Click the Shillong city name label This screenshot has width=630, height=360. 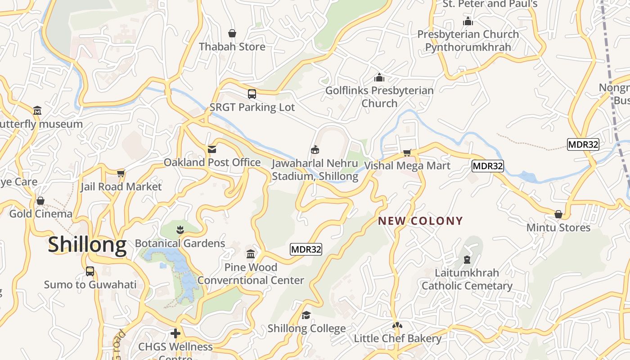coord(87,244)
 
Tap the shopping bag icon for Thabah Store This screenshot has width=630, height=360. coord(232,33)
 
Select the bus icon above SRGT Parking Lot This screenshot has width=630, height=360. coord(252,94)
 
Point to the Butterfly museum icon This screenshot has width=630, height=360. coord(37,110)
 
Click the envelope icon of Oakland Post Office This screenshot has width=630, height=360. coord(211,149)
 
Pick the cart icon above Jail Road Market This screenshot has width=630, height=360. coord(121,173)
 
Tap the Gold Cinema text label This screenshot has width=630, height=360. coord(40,214)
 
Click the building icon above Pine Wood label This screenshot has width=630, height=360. coord(251,254)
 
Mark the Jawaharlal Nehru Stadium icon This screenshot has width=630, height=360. coord(315,150)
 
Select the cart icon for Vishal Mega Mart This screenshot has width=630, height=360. coord(407,153)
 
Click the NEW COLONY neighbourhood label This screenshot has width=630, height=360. coord(420,221)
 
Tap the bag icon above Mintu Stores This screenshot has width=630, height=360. coord(558,214)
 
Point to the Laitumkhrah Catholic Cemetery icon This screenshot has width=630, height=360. coord(467,260)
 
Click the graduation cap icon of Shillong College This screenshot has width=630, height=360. coord(306,315)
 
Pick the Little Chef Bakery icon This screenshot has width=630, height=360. coord(397,325)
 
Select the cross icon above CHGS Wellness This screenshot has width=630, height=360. coord(175,333)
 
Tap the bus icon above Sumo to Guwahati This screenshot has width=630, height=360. coord(90,271)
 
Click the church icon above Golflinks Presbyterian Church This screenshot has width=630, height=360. coord(379,77)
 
